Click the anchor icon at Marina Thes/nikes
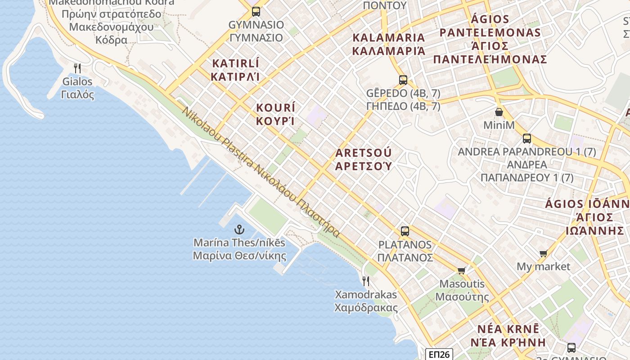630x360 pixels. coord(239,230)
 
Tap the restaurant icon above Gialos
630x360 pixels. coord(77,68)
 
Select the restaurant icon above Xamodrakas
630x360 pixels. coord(366,281)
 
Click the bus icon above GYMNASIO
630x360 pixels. coord(256,12)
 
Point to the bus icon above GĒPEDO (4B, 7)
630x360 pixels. coord(403,80)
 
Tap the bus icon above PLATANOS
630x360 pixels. coord(405,231)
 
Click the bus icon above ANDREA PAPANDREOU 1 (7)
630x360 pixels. coord(527,139)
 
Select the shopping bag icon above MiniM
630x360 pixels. coord(499,112)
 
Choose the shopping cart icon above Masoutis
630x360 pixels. coord(462,270)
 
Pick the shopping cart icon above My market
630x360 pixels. coord(543,254)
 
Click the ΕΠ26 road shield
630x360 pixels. coord(439,355)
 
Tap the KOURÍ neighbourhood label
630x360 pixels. coord(275,114)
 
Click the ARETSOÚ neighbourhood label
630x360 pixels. coord(364,159)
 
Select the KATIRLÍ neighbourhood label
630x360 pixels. coord(236,69)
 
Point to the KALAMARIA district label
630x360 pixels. coord(388,44)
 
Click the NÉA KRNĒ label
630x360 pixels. coord(508,335)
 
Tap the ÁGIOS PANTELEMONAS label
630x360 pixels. coord(490,39)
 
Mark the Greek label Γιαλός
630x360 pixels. coord(77,94)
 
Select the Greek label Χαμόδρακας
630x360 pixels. coord(366,308)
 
